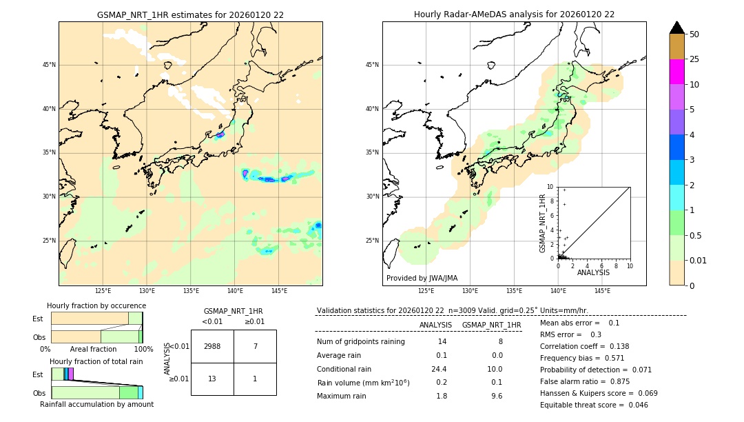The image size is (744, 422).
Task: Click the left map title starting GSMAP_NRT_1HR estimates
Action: click(x=190, y=14)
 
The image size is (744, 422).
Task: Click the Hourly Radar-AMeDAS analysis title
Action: click(x=514, y=14)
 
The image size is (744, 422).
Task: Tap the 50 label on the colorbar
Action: click(x=694, y=34)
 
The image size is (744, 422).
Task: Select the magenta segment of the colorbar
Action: click(x=676, y=72)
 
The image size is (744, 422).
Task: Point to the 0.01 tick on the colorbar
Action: click(x=699, y=260)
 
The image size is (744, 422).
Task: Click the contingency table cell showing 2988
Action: click(x=212, y=346)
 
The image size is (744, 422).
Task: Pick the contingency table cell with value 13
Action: click(x=212, y=379)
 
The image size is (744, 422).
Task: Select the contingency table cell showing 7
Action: click(x=255, y=346)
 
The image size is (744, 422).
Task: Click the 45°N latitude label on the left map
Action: click(x=49, y=65)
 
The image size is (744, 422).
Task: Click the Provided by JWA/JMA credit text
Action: click(x=422, y=279)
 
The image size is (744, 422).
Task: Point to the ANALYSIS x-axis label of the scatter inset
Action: click(x=593, y=272)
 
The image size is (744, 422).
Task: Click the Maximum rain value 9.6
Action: click(x=496, y=396)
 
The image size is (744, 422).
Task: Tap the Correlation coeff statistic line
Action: click(x=584, y=346)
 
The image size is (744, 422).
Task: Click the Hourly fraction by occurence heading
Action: click(x=96, y=305)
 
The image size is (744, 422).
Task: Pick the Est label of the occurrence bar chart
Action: click(x=38, y=319)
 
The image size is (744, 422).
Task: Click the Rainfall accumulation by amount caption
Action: click(x=96, y=404)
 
